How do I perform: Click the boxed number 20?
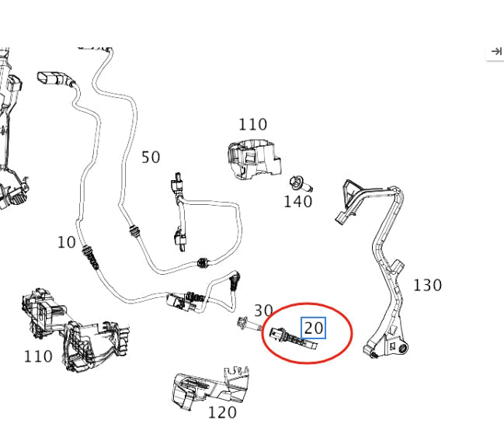click(313, 328)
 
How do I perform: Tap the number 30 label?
click(263, 311)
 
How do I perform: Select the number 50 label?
click(151, 158)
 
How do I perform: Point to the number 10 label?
click(67, 242)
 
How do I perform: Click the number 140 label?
click(297, 202)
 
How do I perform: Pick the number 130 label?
click(427, 285)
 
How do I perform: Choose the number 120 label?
click(222, 412)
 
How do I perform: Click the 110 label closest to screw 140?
click(252, 124)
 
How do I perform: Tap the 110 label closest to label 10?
click(38, 356)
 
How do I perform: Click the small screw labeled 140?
click(298, 185)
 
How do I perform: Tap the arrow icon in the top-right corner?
click(495, 51)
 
